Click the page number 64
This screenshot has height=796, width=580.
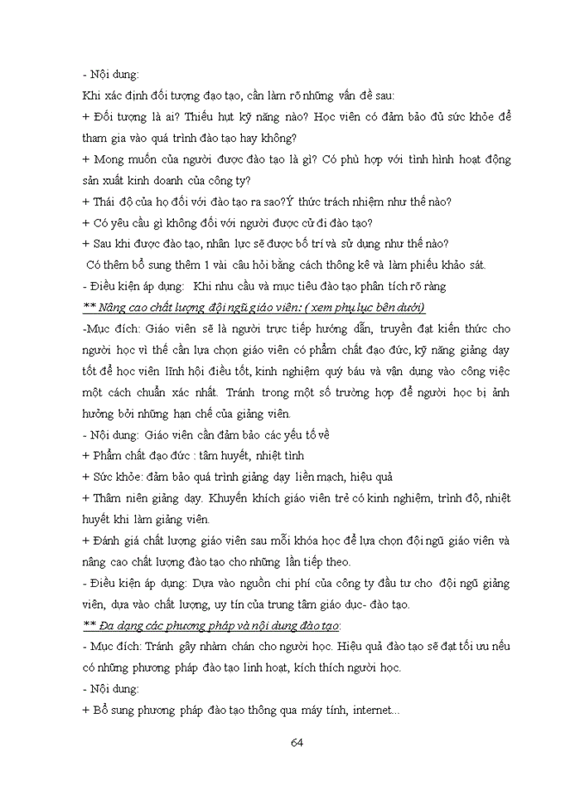point(297,740)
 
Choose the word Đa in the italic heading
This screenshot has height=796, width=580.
point(107,624)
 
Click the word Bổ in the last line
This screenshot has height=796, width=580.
point(102,710)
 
